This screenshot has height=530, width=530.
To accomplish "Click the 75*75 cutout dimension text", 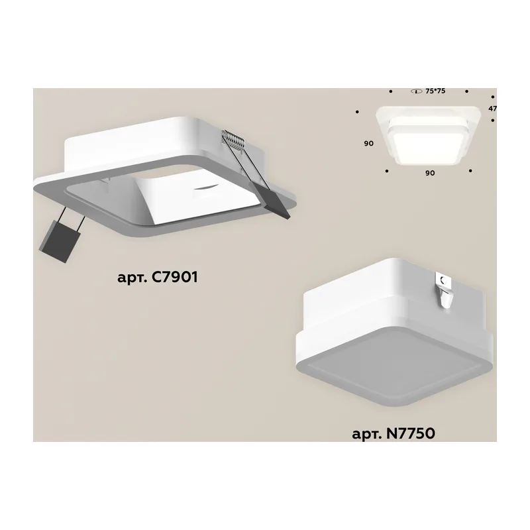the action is tap(435, 91).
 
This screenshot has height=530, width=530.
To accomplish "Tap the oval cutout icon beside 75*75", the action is tap(417, 91).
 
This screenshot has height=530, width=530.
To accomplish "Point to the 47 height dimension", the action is tap(492, 109).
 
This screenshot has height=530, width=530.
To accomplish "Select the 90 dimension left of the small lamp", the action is tap(369, 143).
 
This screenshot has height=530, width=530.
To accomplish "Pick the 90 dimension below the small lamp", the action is tap(430, 173).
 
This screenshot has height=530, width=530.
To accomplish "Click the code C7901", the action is tap(174, 277).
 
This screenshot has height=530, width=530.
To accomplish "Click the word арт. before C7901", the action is tap(132, 278).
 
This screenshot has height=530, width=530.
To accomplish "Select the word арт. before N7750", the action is tap(366, 435).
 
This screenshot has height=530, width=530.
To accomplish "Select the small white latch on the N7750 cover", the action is tap(443, 291).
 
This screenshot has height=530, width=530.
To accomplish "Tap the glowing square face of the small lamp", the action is tap(428, 148).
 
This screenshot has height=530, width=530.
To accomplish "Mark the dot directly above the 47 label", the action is tap(493, 97).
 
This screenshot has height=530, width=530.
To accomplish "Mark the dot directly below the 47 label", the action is tap(493, 121).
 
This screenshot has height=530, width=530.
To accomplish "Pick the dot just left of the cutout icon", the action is tap(391, 91).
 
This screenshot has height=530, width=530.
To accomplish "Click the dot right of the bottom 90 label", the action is tap(470, 171).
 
